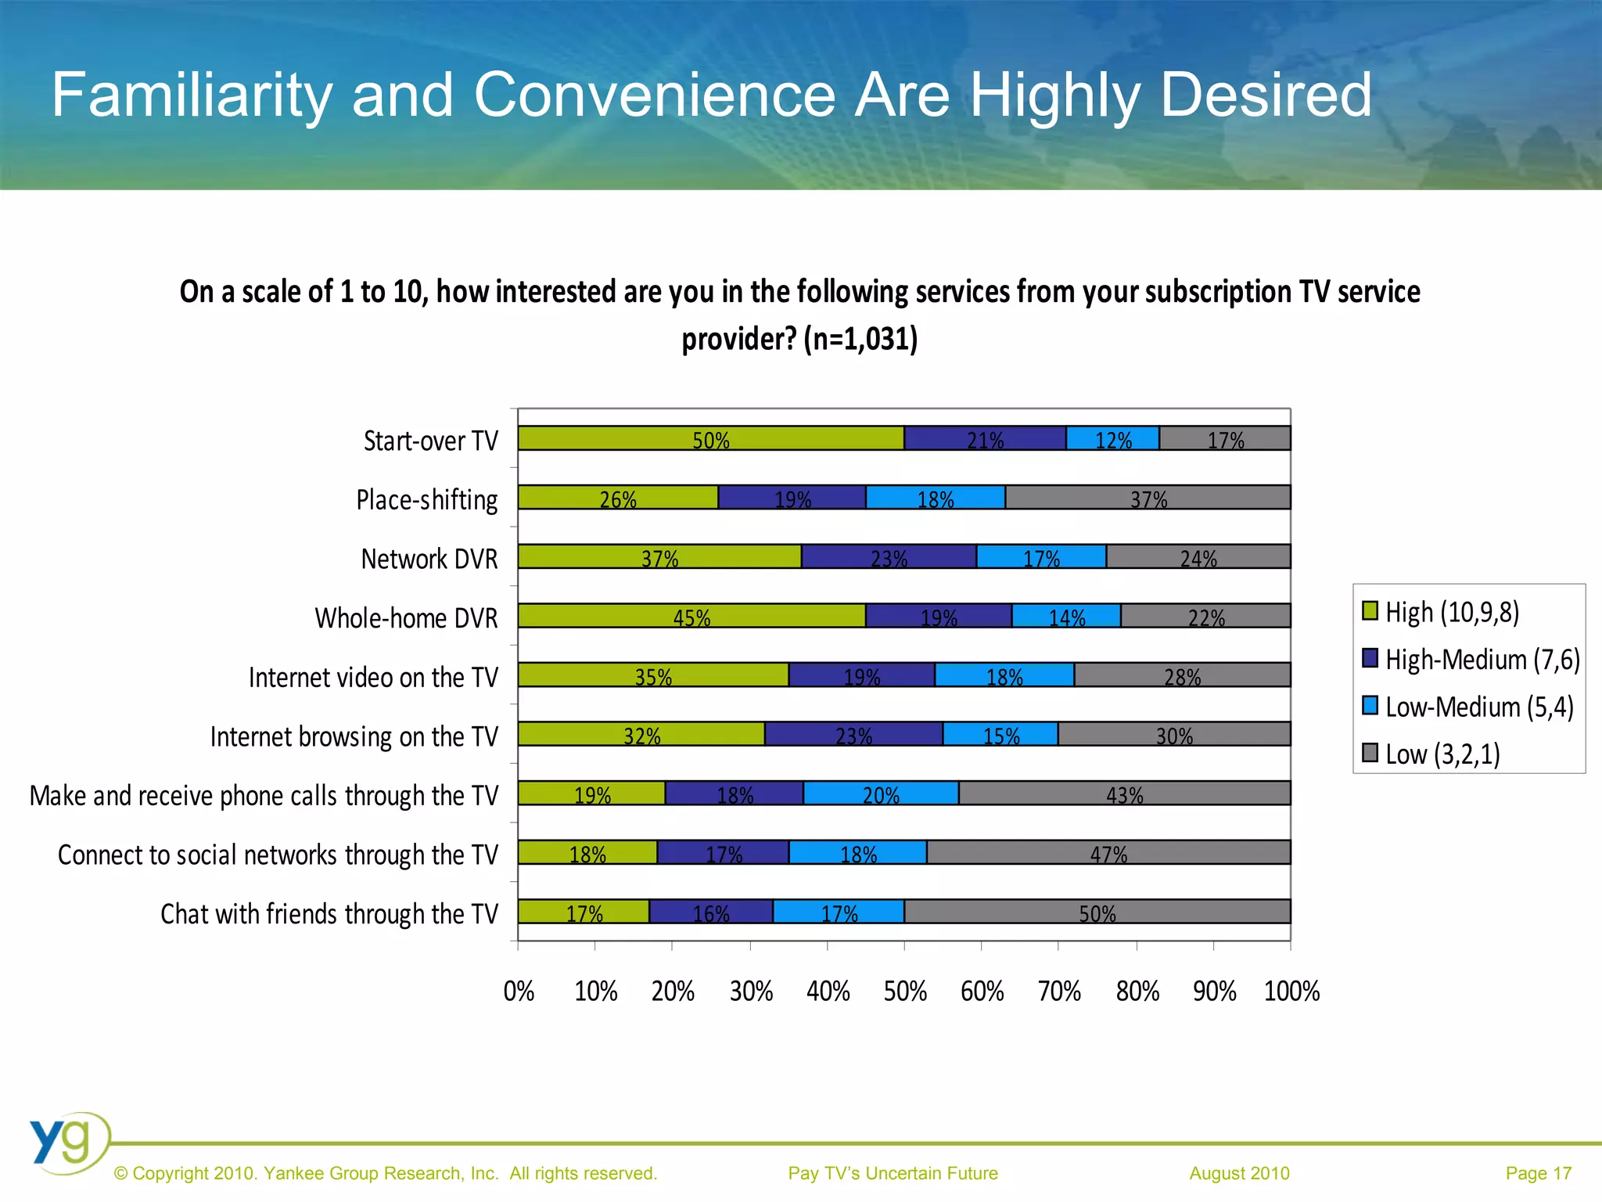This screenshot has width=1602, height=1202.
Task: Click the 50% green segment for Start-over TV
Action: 710,439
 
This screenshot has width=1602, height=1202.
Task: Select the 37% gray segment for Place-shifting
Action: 1148,498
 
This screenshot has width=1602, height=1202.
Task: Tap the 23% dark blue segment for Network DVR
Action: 889,557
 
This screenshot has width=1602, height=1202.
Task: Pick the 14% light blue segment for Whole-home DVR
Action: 1066,616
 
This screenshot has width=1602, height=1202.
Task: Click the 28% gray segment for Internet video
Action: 1182,675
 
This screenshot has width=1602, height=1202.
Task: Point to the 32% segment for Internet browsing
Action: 641,734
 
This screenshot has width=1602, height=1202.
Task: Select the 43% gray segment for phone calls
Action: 1124,794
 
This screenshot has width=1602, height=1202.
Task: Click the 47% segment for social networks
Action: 1108,853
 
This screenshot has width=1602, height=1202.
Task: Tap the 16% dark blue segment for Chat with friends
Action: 710,912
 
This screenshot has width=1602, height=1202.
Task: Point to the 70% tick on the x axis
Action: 1058,991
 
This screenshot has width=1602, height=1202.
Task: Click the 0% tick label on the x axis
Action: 519,991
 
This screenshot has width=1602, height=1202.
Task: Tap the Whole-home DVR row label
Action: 406,618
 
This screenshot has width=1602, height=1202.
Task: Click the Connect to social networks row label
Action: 278,855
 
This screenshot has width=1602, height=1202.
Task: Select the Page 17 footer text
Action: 1538,1173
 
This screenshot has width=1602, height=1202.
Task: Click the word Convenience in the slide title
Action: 655,95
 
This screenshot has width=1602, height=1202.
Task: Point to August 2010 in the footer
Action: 1239,1173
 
